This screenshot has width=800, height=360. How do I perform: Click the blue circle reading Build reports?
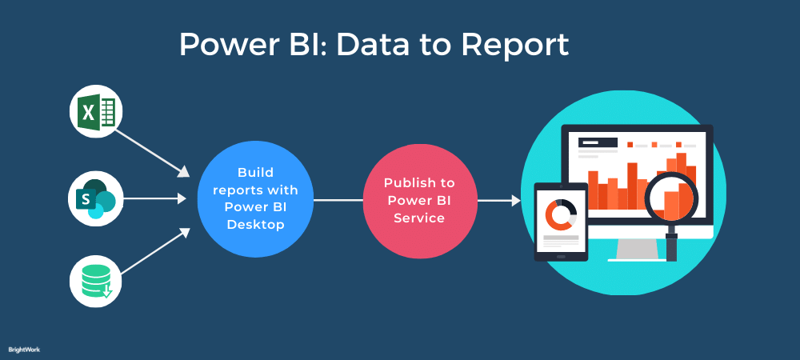point(255,199)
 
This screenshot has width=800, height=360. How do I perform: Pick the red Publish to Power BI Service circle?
point(420,200)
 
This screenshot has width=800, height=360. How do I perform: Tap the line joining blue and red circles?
point(338,200)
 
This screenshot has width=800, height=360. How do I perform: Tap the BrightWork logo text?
point(24,350)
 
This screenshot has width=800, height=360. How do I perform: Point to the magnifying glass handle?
point(671,244)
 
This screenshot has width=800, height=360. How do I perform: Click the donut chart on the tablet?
point(561,214)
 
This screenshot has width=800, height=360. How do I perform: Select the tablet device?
point(561,222)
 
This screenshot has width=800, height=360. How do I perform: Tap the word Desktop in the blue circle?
point(255,226)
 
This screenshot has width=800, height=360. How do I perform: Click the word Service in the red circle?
point(419,218)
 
